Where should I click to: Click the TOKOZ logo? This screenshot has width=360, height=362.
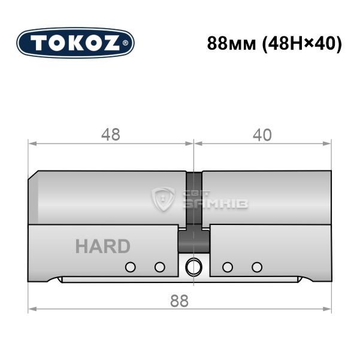tap(75, 43)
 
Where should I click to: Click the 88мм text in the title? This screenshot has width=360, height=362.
tap(231, 44)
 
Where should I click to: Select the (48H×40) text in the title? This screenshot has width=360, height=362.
tap(301, 44)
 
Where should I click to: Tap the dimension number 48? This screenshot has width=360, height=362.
tap(111, 135)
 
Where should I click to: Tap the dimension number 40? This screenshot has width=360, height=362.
tap(262, 135)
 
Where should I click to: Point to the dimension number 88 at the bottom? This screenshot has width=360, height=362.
tap(179, 301)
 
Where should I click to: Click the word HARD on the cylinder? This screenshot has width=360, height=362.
tap(103, 247)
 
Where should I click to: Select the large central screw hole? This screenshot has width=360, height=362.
tap(193, 267)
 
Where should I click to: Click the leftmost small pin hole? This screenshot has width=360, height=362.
tap(131, 267)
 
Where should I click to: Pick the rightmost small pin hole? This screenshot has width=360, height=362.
tap(257, 267)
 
